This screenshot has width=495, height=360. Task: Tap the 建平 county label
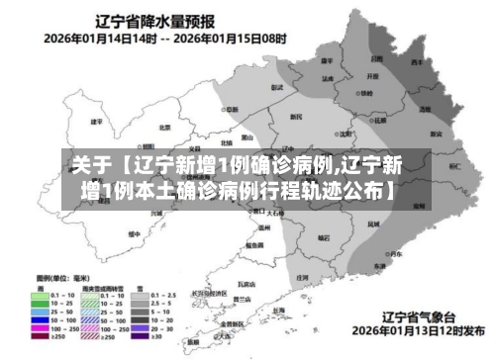click(96, 123)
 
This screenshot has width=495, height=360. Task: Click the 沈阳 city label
click(345, 134)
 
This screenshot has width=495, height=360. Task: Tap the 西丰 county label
click(419, 62)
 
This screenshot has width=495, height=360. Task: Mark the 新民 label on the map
click(295, 117)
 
